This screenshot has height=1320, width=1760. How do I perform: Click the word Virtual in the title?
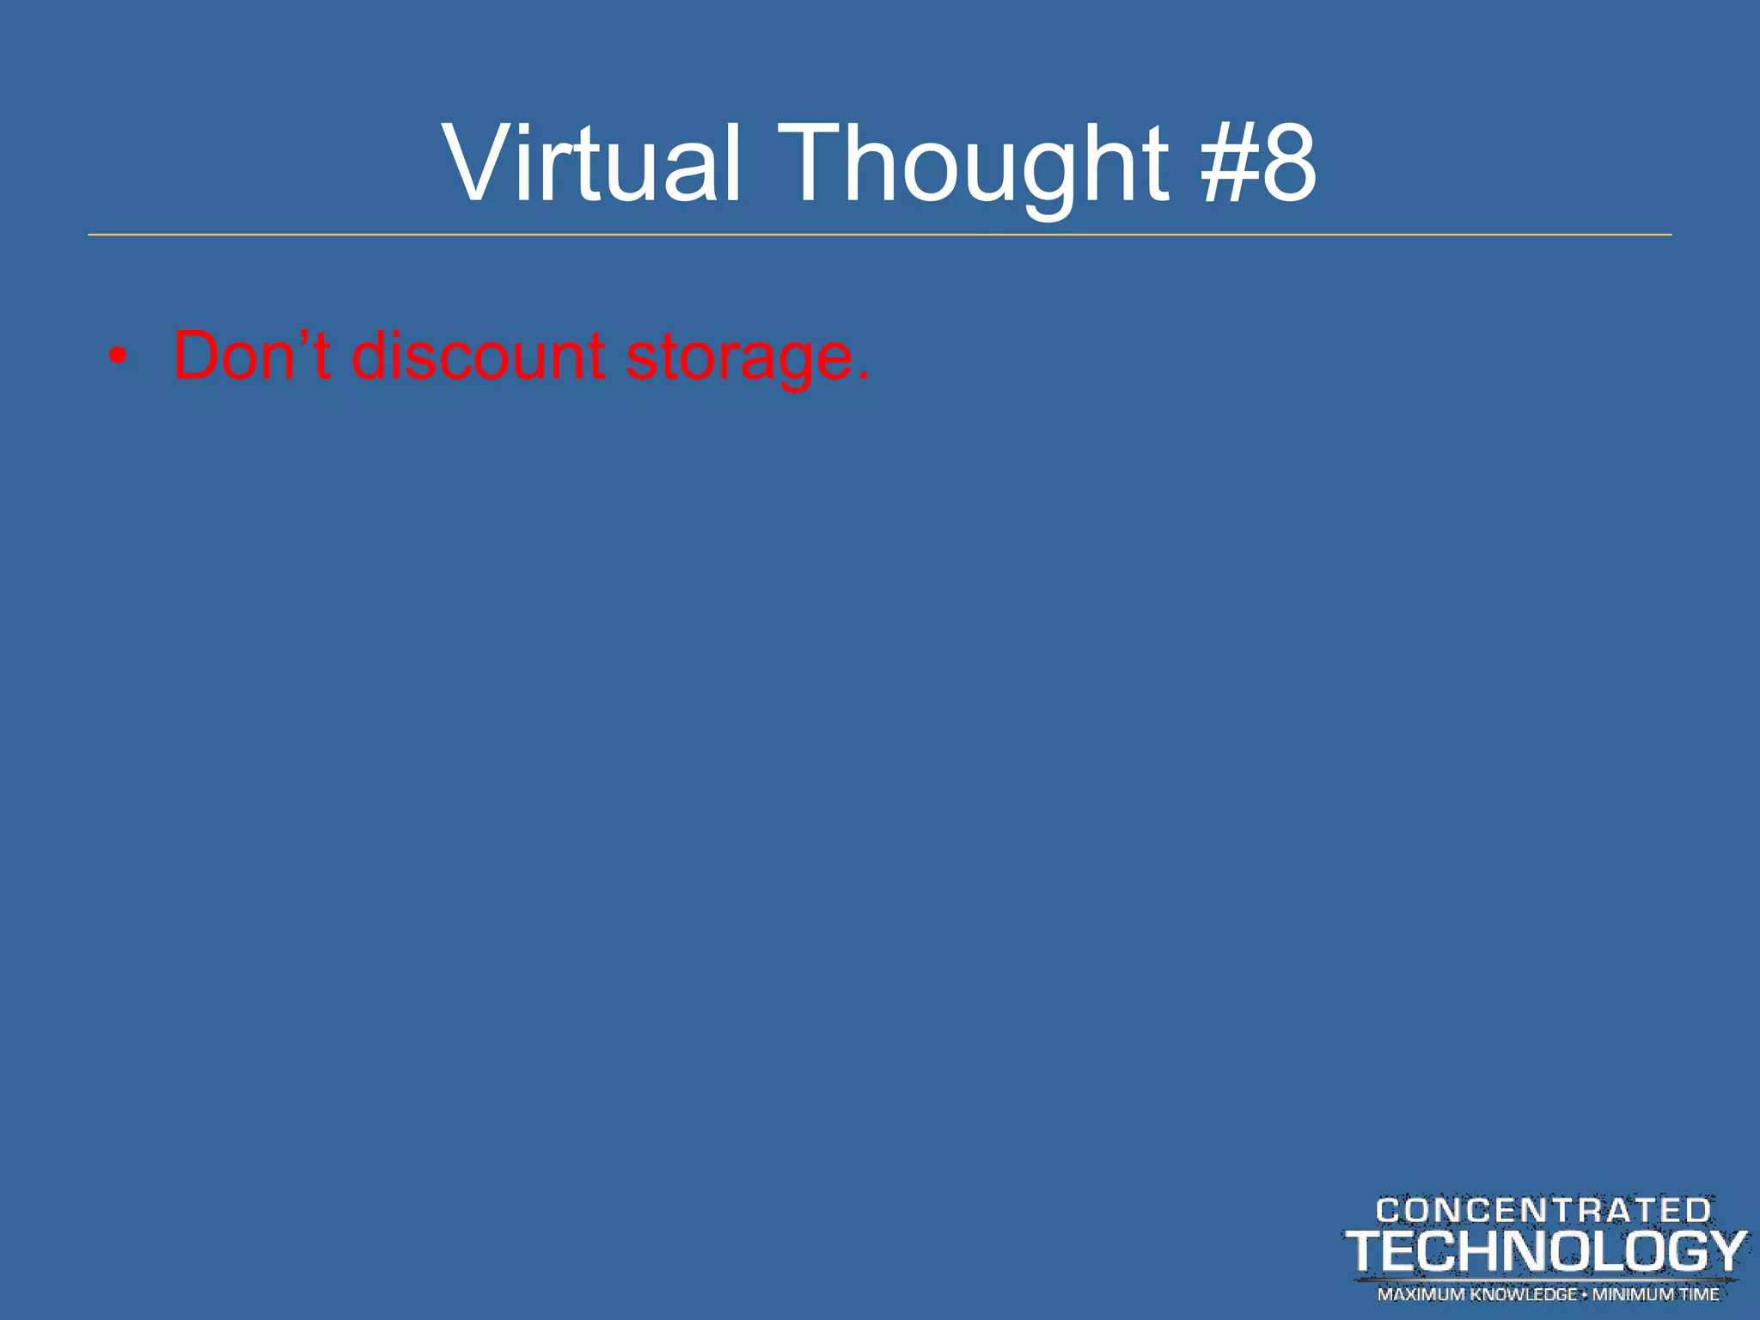(591, 163)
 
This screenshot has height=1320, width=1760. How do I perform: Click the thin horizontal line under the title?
(880, 235)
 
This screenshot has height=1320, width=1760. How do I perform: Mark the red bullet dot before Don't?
(119, 356)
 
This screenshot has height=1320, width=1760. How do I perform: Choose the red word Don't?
(252, 355)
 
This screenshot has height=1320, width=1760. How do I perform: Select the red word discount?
(478, 355)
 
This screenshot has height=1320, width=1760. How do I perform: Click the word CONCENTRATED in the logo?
(1543, 1211)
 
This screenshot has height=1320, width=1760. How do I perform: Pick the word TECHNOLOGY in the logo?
(1545, 1252)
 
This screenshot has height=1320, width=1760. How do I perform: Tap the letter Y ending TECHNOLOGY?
(1721, 1252)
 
